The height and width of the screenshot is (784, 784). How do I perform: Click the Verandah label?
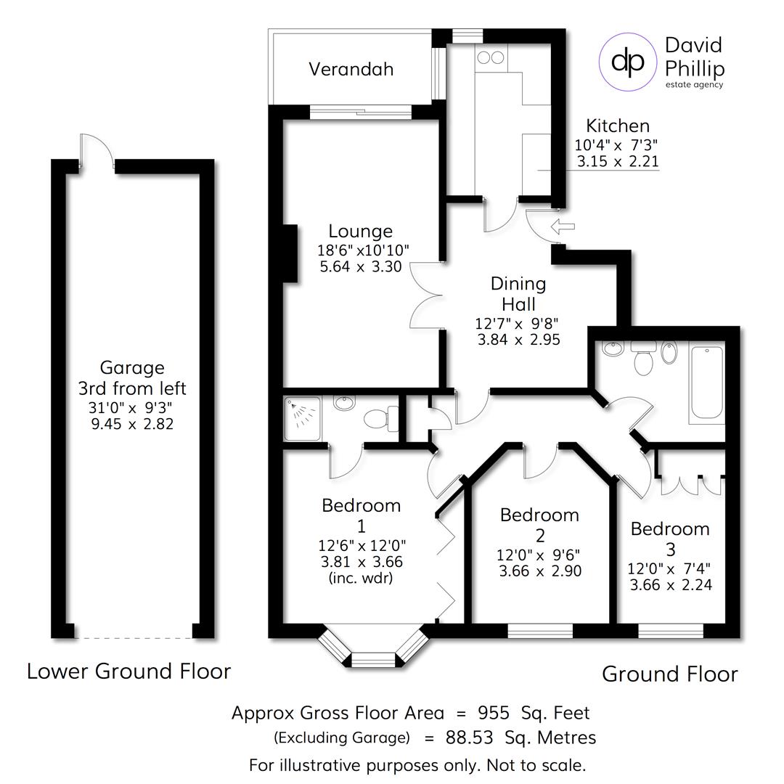[351, 69]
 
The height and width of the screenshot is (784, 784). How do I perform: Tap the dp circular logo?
[627, 62]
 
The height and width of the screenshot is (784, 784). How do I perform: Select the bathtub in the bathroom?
[705, 384]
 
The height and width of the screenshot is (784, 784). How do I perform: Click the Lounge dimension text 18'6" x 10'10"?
[363, 250]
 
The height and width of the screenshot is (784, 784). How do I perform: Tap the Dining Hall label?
[518, 293]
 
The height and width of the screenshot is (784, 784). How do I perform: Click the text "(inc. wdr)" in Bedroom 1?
[361, 579]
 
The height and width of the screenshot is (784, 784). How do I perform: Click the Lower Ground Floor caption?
[128, 671]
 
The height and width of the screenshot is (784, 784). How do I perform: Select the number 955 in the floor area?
[494, 712]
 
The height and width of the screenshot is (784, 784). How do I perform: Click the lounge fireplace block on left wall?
[290, 253]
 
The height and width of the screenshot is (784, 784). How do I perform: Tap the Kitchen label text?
[617, 126]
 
